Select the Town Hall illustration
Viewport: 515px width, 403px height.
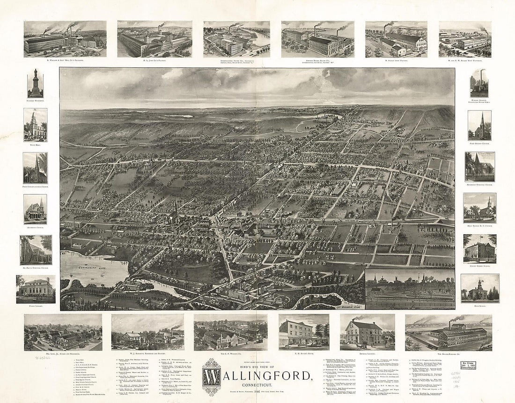(x=36, y=125)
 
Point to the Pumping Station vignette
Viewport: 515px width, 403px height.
(x=478, y=83)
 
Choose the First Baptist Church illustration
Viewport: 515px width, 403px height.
(x=479, y=125)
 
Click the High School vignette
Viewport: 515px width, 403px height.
(x=479, y=288)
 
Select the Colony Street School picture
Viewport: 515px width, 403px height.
(x=479, y=249)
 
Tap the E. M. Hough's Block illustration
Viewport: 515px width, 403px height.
(x=303, y=331)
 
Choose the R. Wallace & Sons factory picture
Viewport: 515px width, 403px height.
(x=65, y=39)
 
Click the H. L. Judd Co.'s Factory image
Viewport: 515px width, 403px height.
(x=154, y=39)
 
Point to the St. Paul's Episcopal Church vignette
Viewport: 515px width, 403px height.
(x=36, y=249)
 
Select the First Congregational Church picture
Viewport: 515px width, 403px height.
(x=36, y=167)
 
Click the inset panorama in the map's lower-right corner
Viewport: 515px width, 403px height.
(x=410, y=288)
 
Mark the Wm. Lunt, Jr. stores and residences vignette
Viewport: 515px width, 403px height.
(x=63, y=332)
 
